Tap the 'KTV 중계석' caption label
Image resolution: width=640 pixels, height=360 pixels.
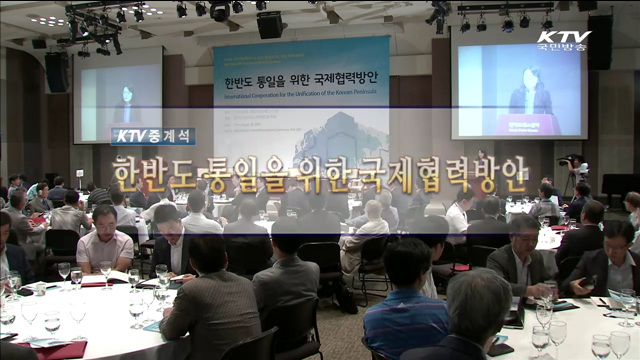(153, 136)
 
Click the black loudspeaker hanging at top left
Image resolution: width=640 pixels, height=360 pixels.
(56, 71)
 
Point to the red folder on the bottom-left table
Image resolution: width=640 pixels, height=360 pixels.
(55, 350)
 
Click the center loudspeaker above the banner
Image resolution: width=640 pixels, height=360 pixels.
(269, 24)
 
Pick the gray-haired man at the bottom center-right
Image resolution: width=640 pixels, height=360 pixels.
(475, 320)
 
